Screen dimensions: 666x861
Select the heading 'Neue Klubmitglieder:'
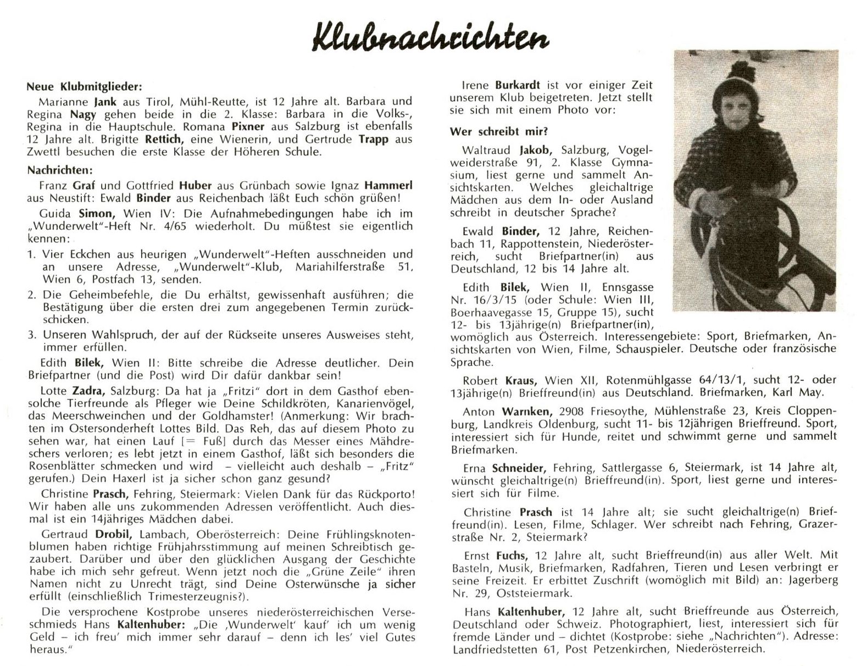(x=84, y=87)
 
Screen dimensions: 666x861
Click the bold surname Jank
(x=104, y=102)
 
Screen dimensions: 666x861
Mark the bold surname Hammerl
(x=387, y=186)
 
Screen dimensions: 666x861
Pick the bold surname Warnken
(x=521, y=411)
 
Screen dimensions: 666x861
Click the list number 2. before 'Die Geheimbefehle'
(x=32, y=295)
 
